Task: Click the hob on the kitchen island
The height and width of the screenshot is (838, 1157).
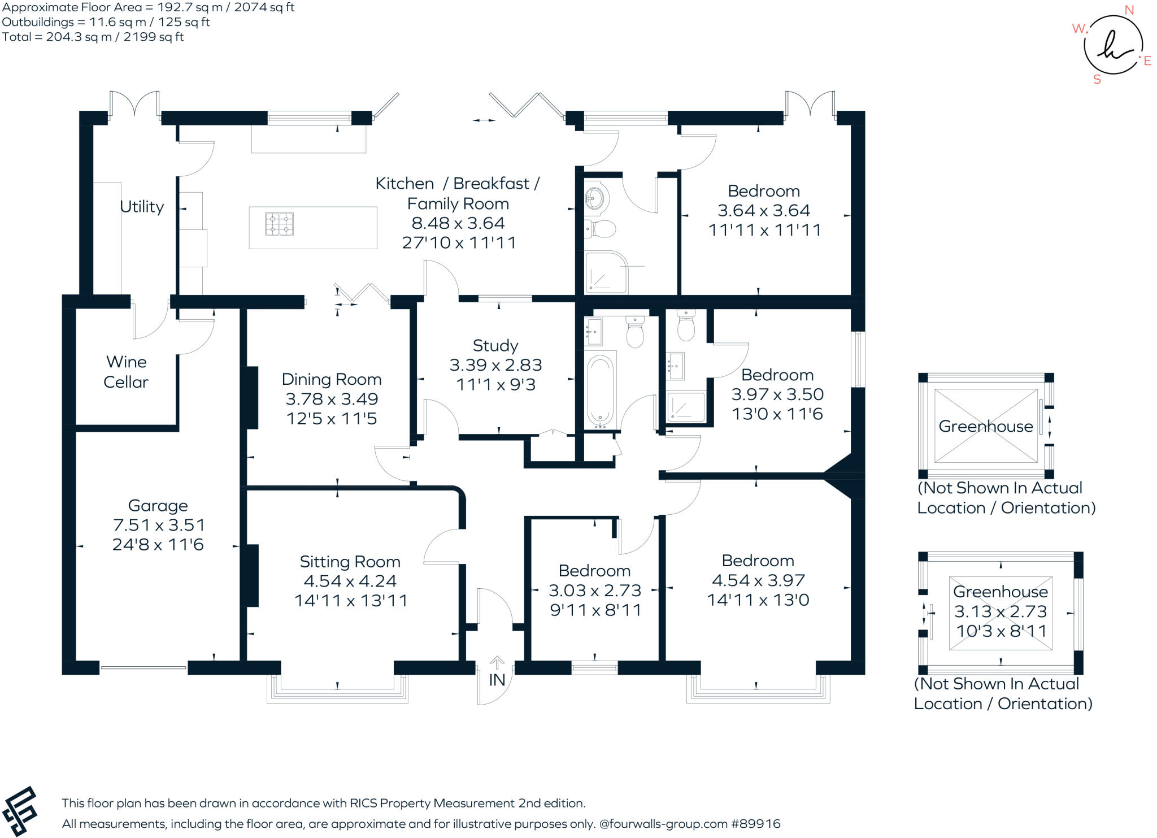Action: (279, 224)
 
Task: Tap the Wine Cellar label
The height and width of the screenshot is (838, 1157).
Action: (126, 372)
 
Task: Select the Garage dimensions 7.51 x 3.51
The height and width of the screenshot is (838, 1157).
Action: (159, 525)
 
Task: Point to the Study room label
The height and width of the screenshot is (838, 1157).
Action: (495, 345)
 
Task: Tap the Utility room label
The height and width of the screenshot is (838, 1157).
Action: (142, 207)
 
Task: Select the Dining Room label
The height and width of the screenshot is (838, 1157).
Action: (332, 379)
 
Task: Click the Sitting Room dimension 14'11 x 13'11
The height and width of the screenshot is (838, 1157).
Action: (350, 601)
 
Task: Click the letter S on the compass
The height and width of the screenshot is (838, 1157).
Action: (1097, 80)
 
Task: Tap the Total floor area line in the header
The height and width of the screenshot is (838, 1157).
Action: (93, 37)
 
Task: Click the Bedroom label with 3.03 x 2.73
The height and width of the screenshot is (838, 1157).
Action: (594, 571)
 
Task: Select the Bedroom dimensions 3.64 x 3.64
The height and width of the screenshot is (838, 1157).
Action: (764, 211)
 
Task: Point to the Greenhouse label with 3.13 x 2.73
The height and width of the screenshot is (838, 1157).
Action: (1001, 592)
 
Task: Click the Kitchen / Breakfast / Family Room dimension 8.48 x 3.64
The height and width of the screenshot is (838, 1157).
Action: (458, 223)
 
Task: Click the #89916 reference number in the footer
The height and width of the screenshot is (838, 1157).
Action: (755, 824)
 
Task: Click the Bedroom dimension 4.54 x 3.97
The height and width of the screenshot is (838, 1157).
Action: (758, 580)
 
